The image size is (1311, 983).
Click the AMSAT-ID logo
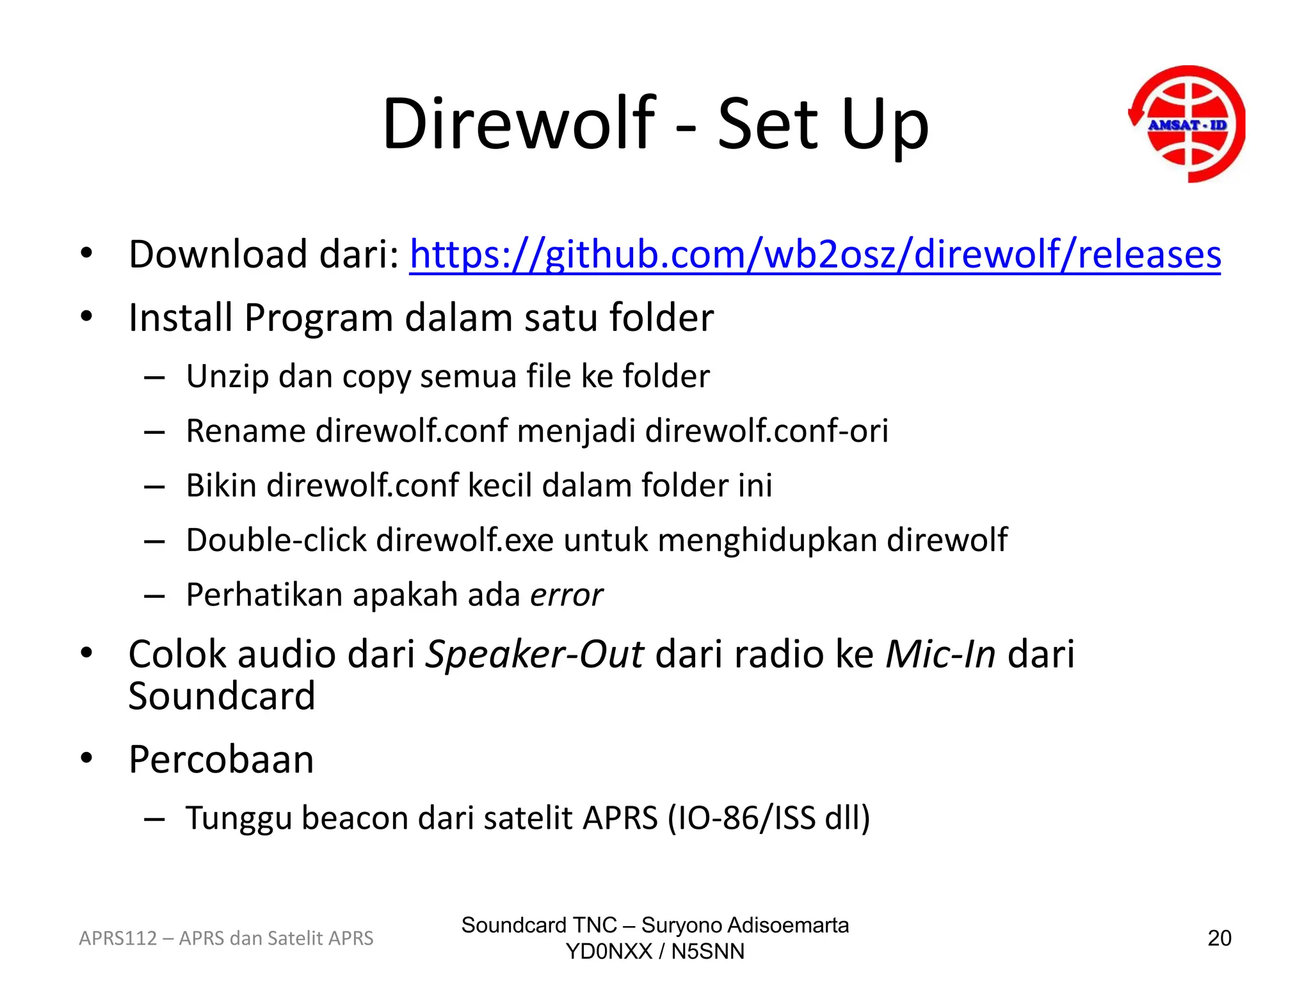point(1187,124)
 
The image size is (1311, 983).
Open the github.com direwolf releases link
point(815,254)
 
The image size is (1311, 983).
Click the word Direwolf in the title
point(519,124)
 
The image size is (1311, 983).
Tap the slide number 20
point(1219,938)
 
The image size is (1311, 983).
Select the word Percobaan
point(221,760)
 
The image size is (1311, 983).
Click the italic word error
point(567,595)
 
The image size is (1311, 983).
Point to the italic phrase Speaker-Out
point(535,655)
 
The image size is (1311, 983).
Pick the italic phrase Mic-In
point(940,655)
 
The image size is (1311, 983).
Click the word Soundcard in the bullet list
point(221,696)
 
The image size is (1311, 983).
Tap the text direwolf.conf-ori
point(766,431)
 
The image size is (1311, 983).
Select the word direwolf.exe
point(465,540)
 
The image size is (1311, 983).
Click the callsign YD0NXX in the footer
point(609,952)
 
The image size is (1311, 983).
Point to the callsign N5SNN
point(708,952)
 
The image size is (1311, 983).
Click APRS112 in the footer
point(118,938)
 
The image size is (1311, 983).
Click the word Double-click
point(276,540)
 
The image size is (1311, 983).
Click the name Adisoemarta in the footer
point(788,925)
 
